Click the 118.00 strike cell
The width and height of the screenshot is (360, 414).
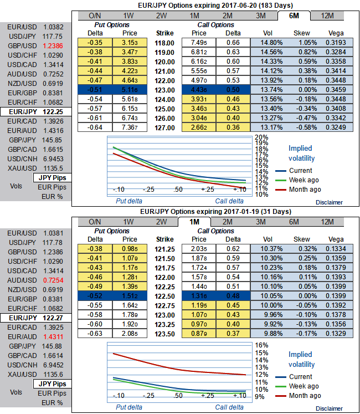point(164,42)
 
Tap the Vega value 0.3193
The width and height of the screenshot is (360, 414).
point(335,42)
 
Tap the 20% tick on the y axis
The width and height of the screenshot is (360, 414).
point(261,137)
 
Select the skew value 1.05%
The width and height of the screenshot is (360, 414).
point(302,42)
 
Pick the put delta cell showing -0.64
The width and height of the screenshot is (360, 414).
point(96,127)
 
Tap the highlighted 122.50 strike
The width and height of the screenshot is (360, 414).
point(164,296)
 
